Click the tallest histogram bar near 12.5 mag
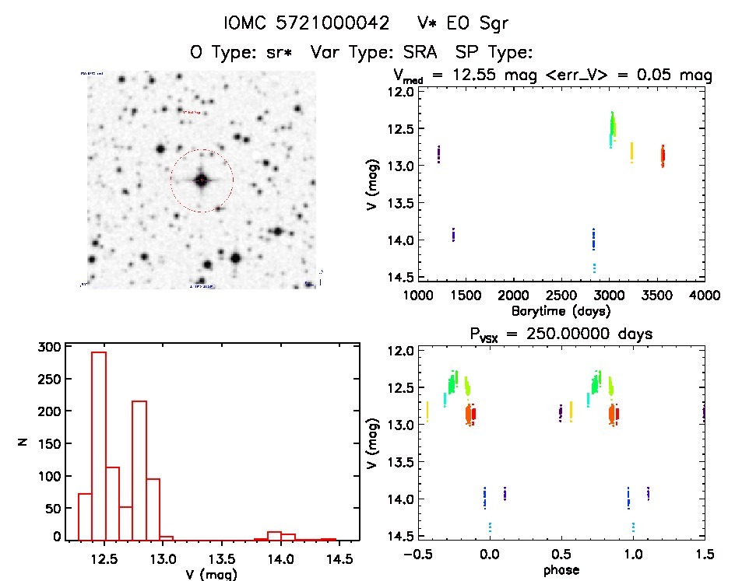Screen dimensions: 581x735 click(99, 445)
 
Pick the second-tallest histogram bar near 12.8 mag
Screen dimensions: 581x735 click(139, 470)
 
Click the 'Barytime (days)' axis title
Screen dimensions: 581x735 click(561, 310)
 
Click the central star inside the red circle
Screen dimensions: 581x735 click(202, 180)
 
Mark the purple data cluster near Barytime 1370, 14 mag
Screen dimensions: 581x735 click(453, 234)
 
